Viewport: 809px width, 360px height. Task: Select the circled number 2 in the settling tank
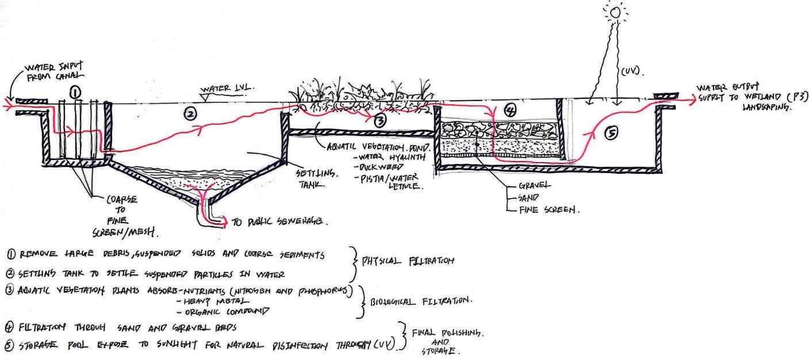(190, 114)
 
